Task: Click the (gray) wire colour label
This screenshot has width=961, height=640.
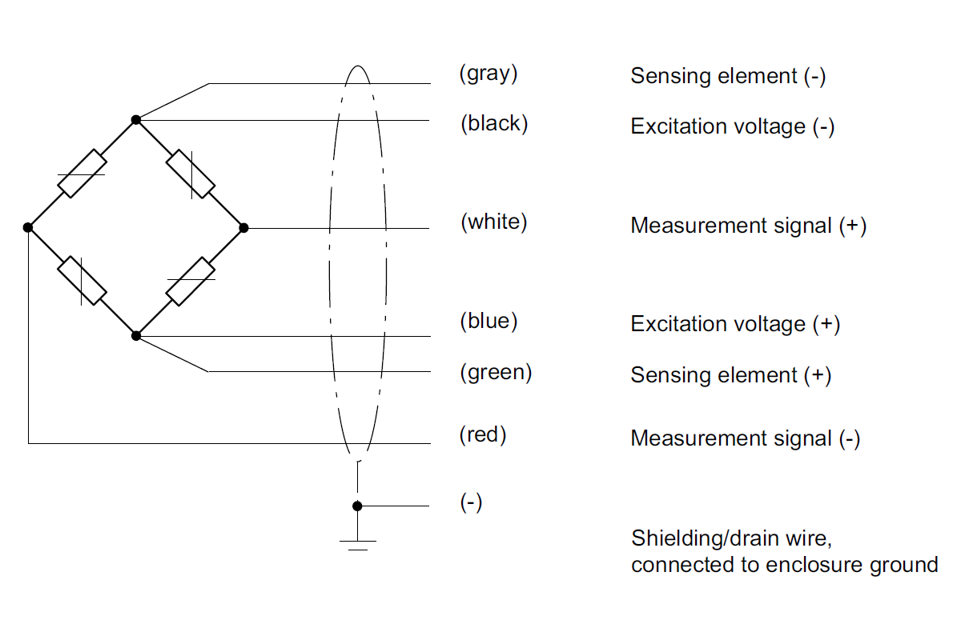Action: point(489,74)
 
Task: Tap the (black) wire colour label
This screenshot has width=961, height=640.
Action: point(494,124)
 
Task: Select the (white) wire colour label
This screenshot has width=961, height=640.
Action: point(493,222)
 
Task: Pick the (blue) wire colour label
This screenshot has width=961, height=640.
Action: point(489,322)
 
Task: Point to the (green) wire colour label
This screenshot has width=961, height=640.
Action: point(496,372)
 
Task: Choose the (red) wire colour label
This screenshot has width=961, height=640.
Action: point(483,435)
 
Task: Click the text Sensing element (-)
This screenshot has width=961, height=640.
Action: point(728,77)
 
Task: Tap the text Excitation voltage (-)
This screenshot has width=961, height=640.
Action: point(733,127)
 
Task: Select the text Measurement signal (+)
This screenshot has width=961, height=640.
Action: point(749,226)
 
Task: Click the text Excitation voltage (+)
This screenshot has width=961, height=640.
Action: point(735,324)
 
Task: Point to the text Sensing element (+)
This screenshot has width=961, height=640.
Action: point(730,375)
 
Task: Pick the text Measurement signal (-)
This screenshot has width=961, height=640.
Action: point(746,438)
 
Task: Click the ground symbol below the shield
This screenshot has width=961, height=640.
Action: point(357,544)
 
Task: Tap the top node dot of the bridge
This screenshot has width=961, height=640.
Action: point(136,120)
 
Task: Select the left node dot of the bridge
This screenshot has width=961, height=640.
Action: point(28,228)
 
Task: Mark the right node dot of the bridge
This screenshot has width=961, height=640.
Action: point(244,228)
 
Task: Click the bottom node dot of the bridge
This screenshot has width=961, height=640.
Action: point(136,336)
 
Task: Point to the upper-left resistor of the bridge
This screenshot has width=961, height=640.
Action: point(82,174)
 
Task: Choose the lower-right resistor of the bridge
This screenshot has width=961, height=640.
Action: point(191,282)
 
